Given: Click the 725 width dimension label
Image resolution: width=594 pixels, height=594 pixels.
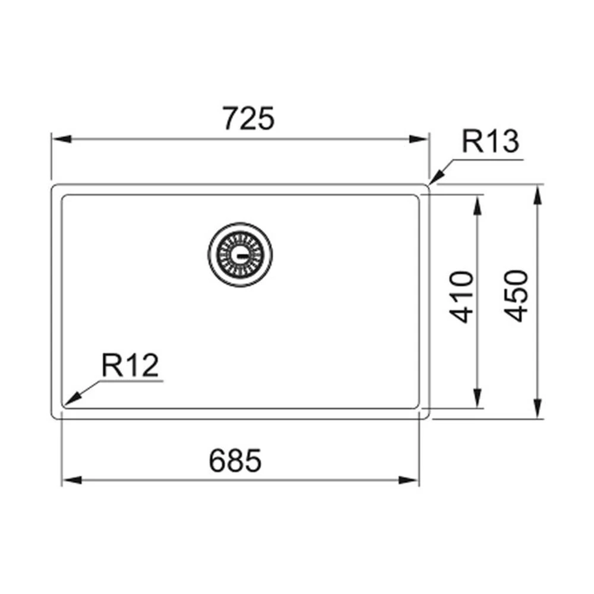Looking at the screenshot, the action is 248,119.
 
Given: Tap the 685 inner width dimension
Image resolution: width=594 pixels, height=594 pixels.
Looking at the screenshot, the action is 235,460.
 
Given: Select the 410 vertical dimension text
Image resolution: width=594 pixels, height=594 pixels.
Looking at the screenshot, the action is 462,296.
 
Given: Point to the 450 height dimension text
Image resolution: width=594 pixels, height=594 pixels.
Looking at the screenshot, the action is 516,296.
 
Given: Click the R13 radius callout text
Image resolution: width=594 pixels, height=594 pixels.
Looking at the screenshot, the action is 490,141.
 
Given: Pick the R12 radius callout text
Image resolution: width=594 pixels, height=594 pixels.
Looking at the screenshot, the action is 130,365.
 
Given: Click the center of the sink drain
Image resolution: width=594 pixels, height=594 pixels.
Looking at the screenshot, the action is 240,254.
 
